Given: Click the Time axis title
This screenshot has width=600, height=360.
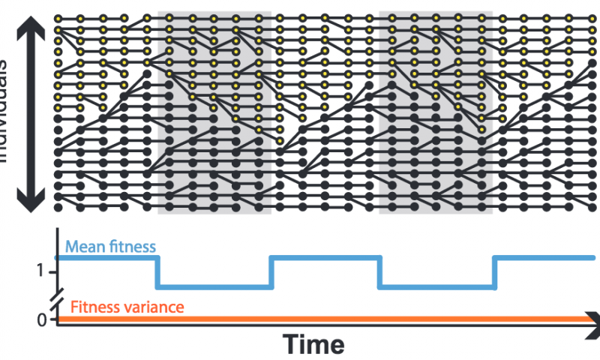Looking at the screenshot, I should [313, 343].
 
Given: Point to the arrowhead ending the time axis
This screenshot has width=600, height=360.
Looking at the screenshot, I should [592, 319].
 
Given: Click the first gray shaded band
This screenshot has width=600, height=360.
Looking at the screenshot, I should [214, 112].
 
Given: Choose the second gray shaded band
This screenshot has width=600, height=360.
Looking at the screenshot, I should [436, 112].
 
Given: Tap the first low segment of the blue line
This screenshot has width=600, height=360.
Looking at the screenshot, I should [214, 286].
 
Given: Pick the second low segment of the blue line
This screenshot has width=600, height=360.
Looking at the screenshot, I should [436, 286].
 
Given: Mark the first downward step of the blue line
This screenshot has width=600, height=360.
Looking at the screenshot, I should [157, 272].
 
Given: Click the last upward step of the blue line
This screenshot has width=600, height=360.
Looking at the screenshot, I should [493, 272].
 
